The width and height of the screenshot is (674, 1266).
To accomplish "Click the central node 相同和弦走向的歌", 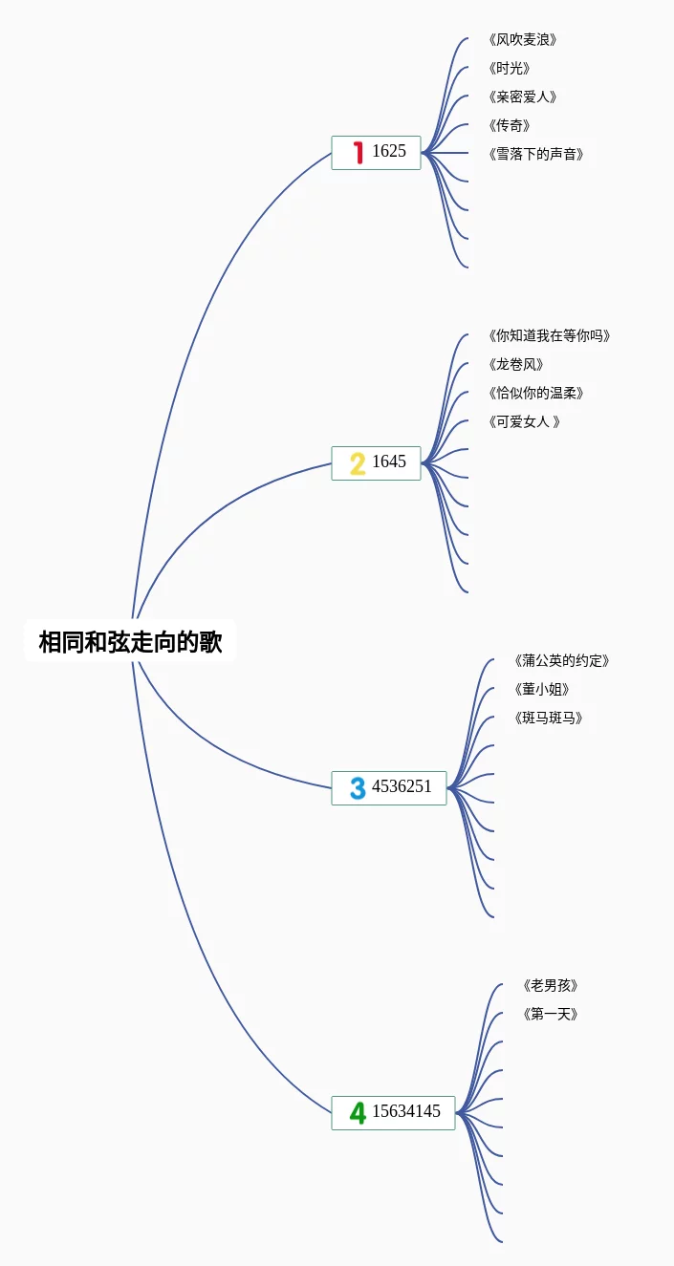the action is coord(130,642).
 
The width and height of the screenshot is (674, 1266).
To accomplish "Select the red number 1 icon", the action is coord(359,152).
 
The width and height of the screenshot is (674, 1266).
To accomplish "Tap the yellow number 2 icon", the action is coord(358,463).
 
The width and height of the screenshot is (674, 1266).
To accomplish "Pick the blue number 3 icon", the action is coord(358,788).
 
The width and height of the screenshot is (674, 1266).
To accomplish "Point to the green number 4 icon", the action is coord(358,1113).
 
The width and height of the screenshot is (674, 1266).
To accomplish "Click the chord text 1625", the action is coord(389,151).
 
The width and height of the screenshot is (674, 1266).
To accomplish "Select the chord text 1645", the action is coord(389,462).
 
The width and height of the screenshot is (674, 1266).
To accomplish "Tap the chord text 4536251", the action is coord(402,787).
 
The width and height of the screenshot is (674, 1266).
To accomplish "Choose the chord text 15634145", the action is coord(406,1112).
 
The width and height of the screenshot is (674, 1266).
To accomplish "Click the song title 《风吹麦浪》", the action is coord(522,40).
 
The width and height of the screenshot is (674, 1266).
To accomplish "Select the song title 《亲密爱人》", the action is coord(522,97).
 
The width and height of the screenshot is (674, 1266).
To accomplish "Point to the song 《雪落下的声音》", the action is coord(535,155).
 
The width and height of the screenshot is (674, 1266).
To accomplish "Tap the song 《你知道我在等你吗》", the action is coord(549,336).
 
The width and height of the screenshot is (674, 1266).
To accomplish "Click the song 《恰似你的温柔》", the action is coord(535,394).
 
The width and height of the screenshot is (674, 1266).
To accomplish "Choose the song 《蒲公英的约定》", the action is coord(561,661).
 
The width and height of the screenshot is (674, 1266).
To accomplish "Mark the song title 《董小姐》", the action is coord(541,690).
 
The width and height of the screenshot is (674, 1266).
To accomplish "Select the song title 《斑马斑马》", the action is coord(548,719).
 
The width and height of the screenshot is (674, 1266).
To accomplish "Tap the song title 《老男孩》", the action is coord(551,986).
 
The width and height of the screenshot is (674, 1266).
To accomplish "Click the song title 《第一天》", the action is coord(551,1015).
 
